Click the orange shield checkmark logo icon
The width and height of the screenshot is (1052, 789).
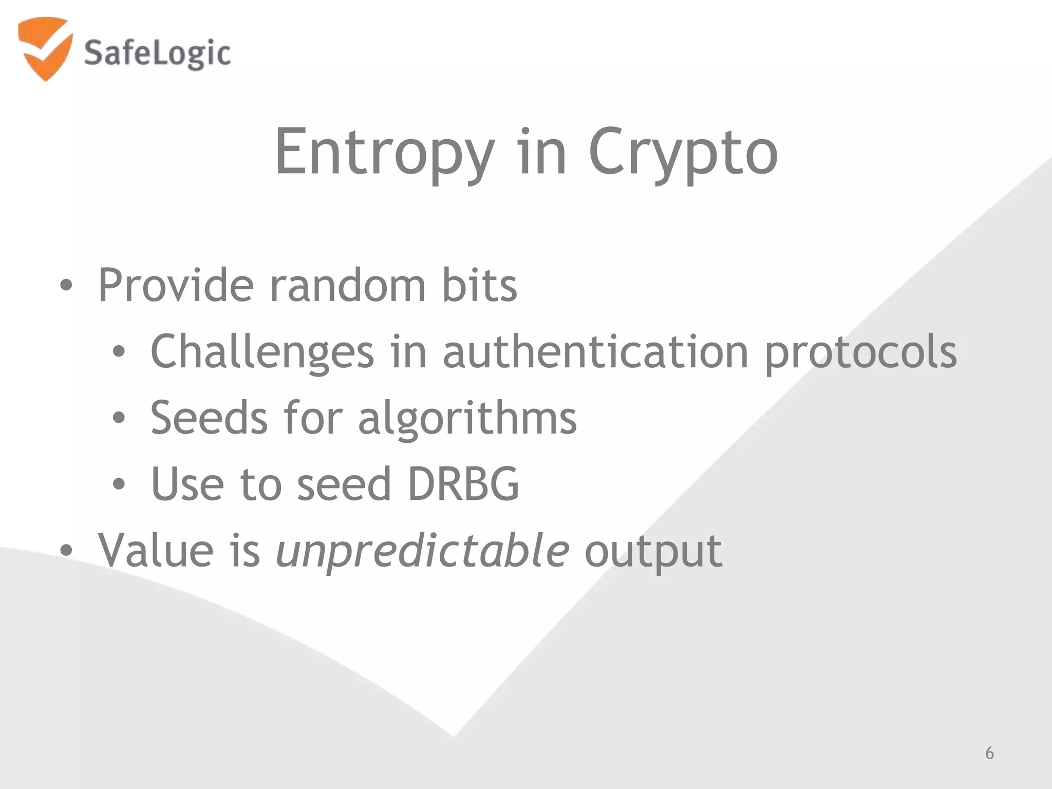tap(44, 49)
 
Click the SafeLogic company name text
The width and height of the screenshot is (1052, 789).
tap(157, 53)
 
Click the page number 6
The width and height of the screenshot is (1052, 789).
tap(989, 753)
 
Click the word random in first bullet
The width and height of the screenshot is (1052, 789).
tap(348, 286)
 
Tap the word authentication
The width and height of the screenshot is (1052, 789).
tap(595, 352)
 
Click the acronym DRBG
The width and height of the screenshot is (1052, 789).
tap(463, 484)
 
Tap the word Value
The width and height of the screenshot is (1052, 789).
tap(156, 551)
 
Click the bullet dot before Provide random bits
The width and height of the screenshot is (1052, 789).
tap(66, 286)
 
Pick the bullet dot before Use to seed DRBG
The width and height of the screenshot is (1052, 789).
tap(119, 484)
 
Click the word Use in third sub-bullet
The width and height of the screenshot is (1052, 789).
tap(187, 484)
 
